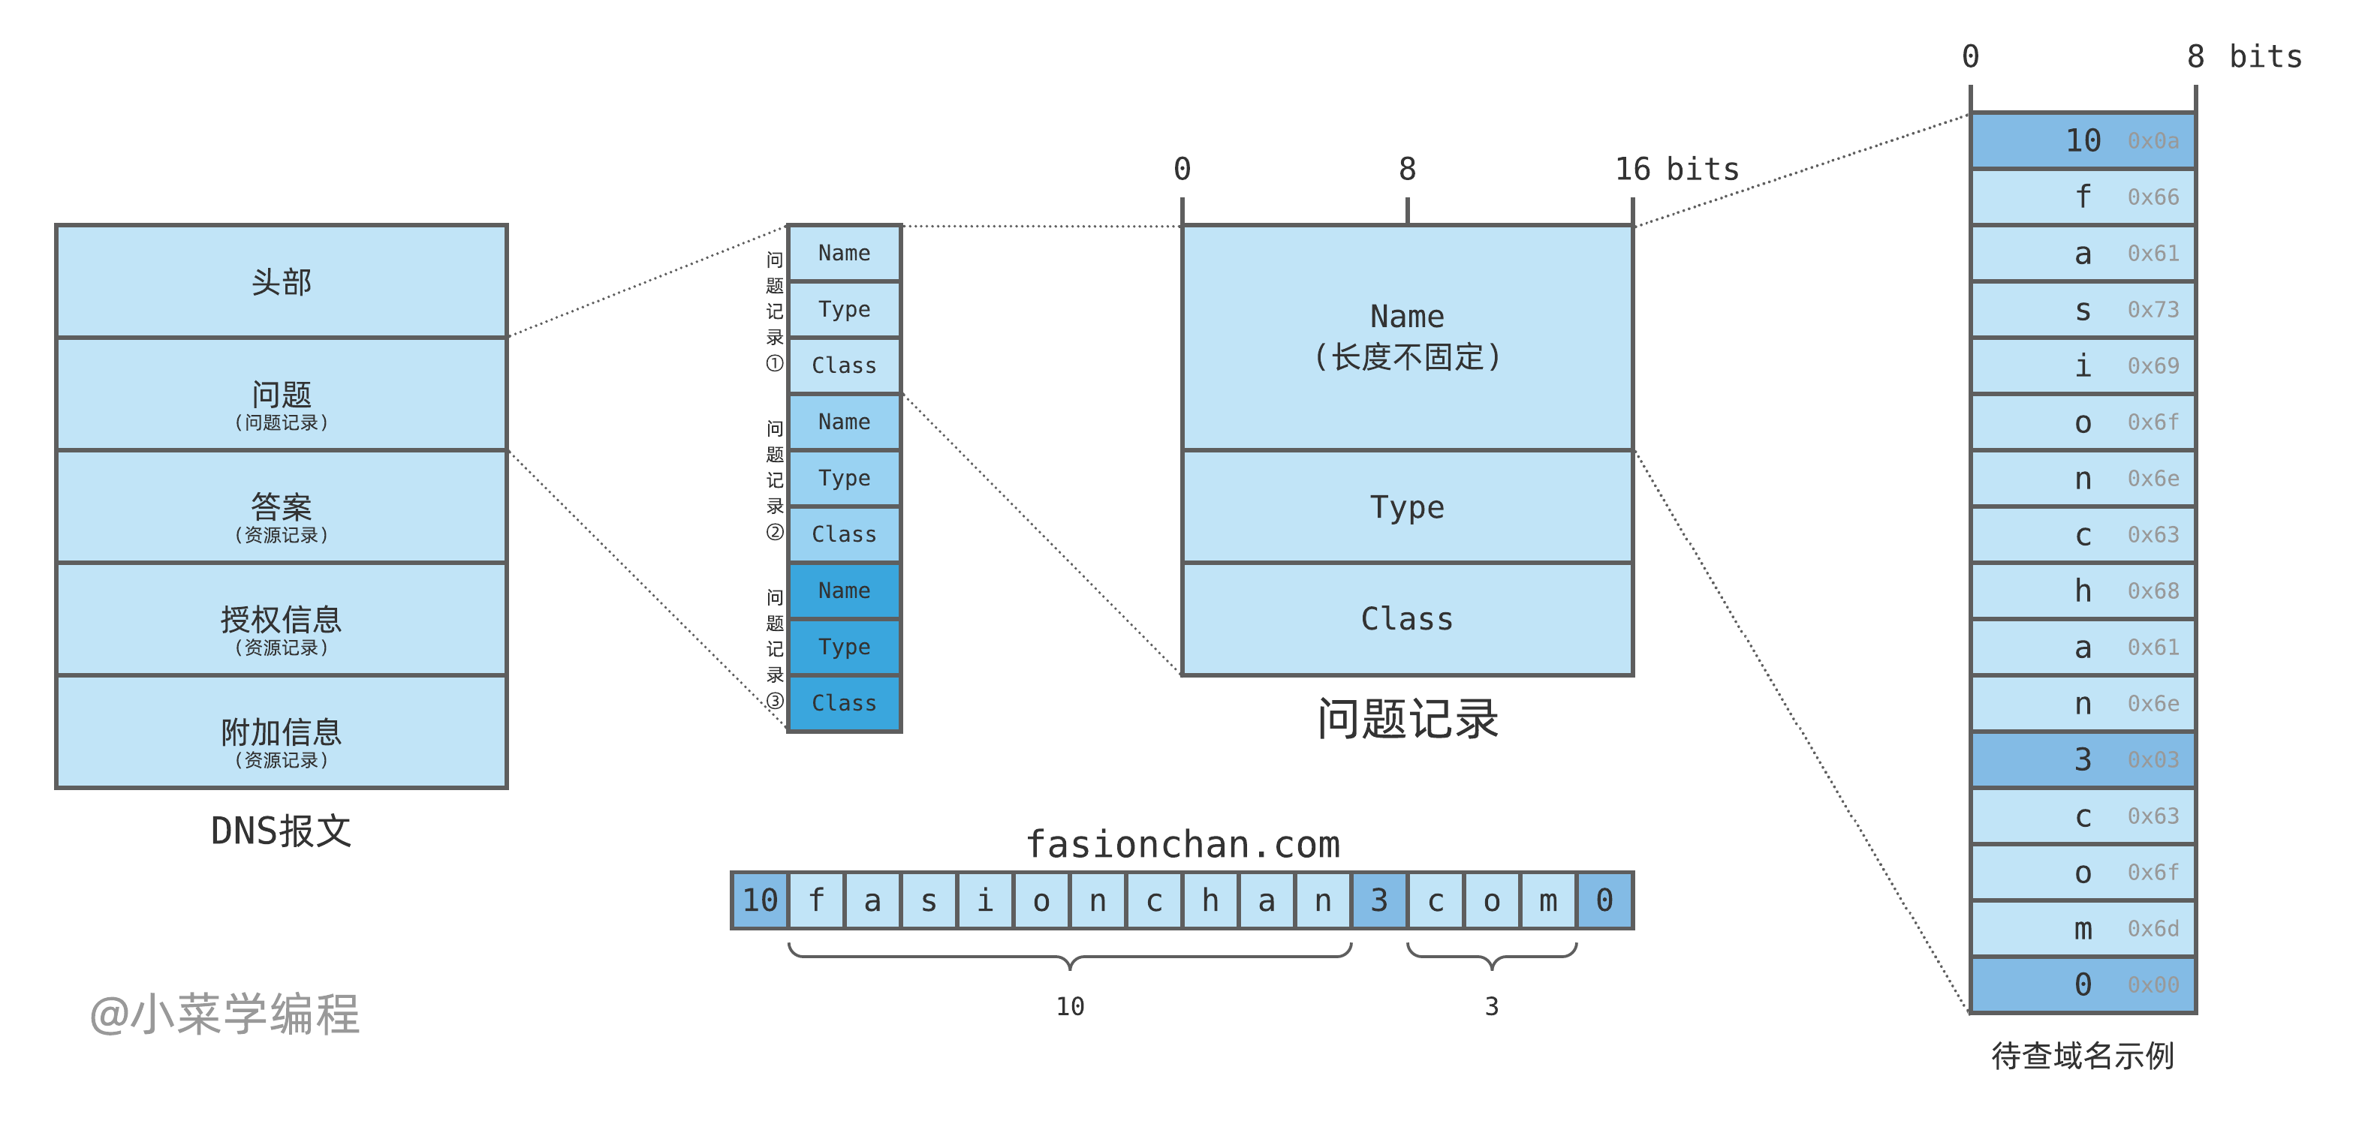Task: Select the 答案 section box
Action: tap(281, 507)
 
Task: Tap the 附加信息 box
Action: tap(281, 732)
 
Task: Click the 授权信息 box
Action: tap(281, 621)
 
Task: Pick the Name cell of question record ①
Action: tap(844, 254)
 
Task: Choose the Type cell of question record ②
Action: tap(844, 478)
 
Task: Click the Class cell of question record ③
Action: tap(844, 703)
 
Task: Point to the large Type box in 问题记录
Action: tap(1406, 507)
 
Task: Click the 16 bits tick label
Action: tap(1677, 170)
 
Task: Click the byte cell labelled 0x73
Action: tap(2082, 310)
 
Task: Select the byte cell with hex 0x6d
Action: tap(2082, 929)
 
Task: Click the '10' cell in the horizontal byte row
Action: tap(760, 900)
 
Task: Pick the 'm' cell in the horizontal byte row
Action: tap(1548, 900)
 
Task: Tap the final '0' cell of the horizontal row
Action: tap(1604, 900)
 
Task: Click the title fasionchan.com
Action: tap(1182, 844)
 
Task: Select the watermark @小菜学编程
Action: tap(225, 1015)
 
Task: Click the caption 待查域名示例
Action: tap(2082, 1056)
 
